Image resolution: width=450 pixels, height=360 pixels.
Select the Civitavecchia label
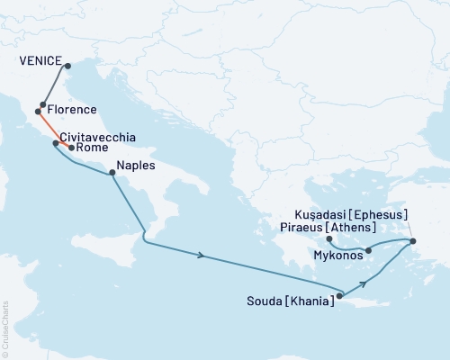[x=98, y=137]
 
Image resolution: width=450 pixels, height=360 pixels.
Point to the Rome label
[x=93, y=148]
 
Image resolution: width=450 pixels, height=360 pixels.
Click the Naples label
[x=136, y=166]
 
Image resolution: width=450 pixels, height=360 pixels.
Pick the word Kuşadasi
[x=320, y=215]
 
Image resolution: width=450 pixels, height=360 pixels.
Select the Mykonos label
[x=338, y=256]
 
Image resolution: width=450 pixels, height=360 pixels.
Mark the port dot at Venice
[x=67, y=64]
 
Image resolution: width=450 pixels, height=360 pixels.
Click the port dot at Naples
[x=112, y=174]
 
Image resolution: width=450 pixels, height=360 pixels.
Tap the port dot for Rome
[x=71, y=147]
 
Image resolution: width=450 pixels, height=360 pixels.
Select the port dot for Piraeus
[x=329, y=239]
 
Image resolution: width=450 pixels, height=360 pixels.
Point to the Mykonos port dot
[x=367, y=249]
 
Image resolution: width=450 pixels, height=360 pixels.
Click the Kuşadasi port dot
[x=412, y=241]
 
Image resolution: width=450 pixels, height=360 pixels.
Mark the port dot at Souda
[x=339, y=294]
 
